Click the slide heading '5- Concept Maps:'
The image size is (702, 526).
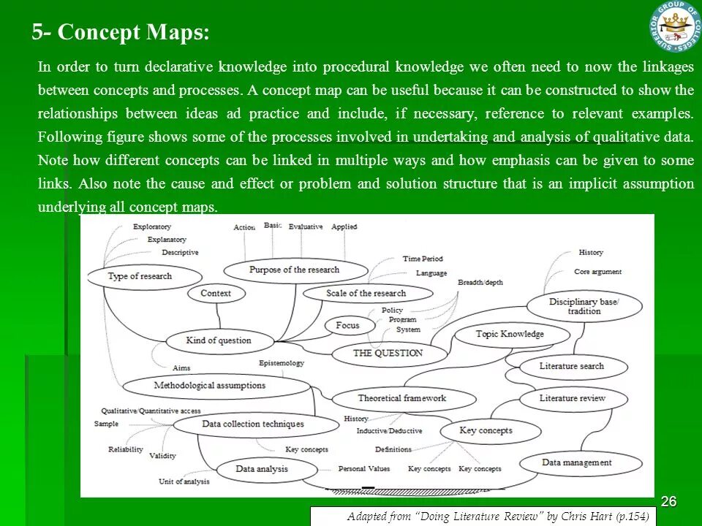point(121,33)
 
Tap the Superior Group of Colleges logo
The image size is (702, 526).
point(675,26)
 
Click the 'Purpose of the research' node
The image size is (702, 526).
point(295,270)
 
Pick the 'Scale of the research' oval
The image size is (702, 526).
point(366,294)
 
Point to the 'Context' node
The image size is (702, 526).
point(216,294)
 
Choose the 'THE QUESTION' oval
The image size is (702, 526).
point(388,354)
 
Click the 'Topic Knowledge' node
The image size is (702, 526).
point(510,335)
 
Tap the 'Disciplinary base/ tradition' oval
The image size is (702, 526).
point(584,306)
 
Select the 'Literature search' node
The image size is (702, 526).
point(572,366)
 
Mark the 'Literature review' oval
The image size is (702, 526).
point(573,399)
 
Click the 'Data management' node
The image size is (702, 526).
point(577,462)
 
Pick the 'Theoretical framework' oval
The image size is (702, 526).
point(401,399)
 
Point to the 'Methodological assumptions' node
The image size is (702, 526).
point(210,386)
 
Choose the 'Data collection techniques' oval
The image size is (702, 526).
point(253,424)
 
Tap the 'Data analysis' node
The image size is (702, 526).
point(262,469)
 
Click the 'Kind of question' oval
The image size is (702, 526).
point(219,340)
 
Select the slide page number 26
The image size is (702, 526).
point(668,501)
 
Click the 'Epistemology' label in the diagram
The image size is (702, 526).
point(282,363)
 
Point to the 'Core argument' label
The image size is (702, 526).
point(597,272)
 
